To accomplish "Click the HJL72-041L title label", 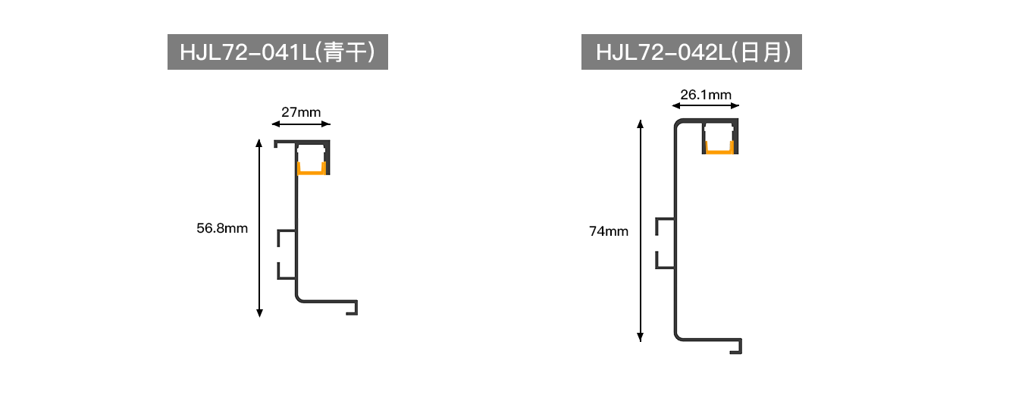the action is click(x=277, y=52).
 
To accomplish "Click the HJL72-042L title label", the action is click(x=691, y=52).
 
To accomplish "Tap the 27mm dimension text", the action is click(x=301, y=112).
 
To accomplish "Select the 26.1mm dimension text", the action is click(x=706, y=95).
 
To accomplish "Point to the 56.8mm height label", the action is click(x=222, y=228).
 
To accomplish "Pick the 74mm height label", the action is click(x=609, y=231).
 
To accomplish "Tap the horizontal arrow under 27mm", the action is click(x=301, y=124).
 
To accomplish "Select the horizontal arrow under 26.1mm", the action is click(x=706, y=106).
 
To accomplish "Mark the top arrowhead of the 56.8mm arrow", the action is click(x=259, y=143).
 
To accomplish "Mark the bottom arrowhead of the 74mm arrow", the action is click(x=640, y=337).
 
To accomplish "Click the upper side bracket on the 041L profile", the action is click(x=279, y=237).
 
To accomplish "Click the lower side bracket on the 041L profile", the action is click(x=279, y=271).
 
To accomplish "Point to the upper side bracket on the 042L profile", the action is click(x=657, y=227).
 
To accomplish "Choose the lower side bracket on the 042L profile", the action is click(x=657, y=260).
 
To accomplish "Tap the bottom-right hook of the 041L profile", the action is click(x=356, y=308).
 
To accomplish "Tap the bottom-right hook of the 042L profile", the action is click(x=740, y=347).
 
